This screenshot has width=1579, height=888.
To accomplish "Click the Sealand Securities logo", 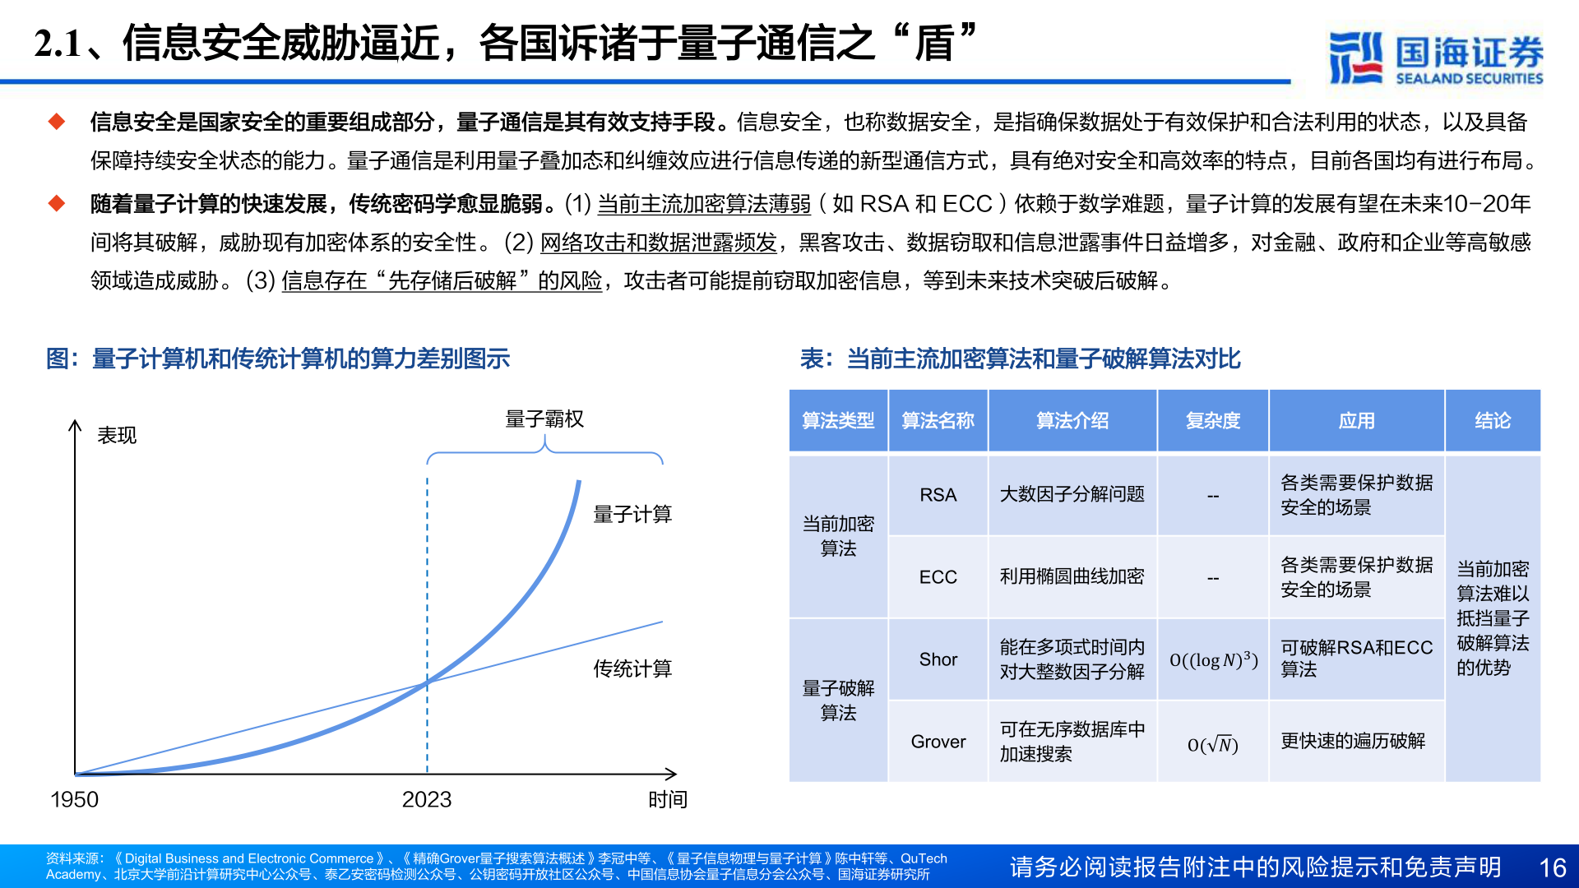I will point(1435,58).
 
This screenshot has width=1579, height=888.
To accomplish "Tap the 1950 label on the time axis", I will point(74,799).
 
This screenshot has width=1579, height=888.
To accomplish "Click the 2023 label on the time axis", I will point(426,799).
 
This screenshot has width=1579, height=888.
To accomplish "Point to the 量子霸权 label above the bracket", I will point(544,419).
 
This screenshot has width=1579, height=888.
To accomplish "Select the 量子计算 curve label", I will point(632,515).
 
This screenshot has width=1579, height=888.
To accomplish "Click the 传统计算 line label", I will point(632,669).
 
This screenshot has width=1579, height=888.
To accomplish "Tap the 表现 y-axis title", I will point(117,435).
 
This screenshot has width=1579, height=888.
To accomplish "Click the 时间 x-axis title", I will point(667,799).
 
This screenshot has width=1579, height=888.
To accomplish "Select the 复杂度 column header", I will point(1212,421).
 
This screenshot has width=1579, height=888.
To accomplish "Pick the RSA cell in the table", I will point(938,495).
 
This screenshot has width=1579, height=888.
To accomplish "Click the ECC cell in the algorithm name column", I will point(938,577).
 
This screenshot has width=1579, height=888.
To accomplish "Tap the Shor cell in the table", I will point(938,659).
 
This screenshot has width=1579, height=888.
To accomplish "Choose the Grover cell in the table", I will point(938,742).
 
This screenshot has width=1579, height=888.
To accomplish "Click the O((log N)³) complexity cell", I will point(1213,660).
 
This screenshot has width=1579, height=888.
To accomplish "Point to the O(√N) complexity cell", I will point(1212,744).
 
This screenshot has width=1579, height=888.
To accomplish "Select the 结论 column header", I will point(1492,421).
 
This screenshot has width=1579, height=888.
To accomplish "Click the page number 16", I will point(1552,867).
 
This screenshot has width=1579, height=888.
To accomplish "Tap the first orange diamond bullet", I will point(57,122).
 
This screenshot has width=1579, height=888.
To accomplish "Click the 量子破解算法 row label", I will point(838,700).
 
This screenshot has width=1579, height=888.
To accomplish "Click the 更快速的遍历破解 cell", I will point(1353,741).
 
